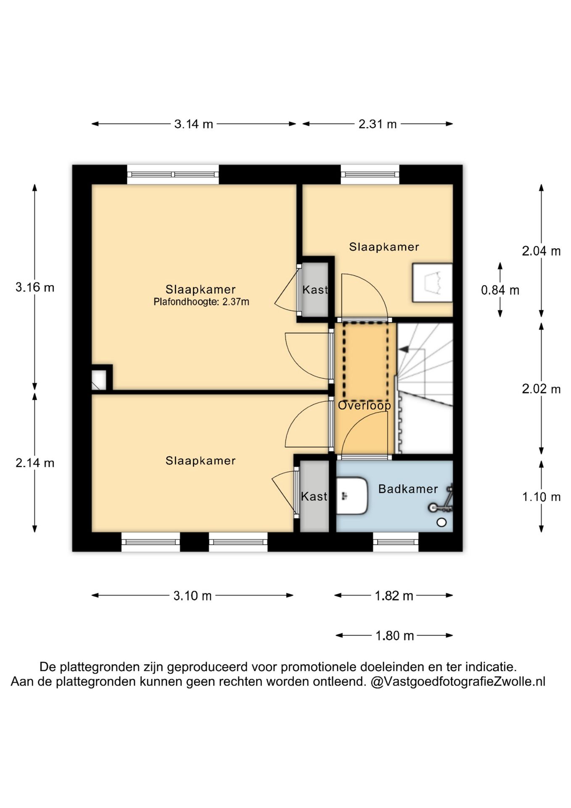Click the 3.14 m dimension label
[193, 124]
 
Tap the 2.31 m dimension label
[378, 124]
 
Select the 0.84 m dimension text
[500, 290]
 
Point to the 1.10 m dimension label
[541, 497]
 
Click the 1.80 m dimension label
[394, 635]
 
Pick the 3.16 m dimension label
[35, 287]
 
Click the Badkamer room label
[408, 489]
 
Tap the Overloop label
[365, 405]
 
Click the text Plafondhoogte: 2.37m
[201, 302]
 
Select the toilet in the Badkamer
[352, 496]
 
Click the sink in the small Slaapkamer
[432, 282]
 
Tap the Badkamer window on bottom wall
[396, 542]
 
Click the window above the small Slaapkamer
[370, 174]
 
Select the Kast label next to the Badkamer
[314, 497]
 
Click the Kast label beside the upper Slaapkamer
[315, 290]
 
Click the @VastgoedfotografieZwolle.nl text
[458, 681]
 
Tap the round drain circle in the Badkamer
[441, 523]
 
